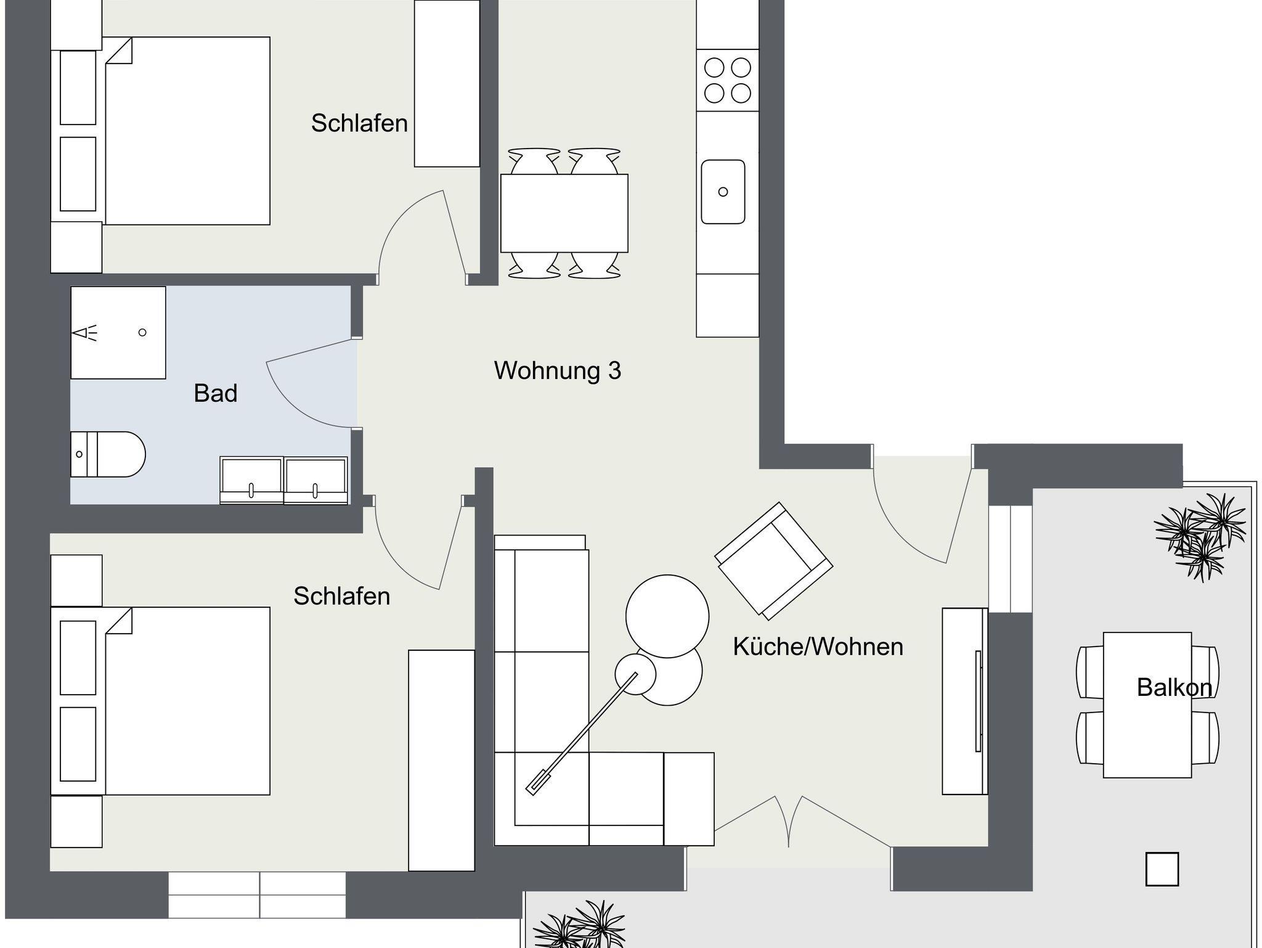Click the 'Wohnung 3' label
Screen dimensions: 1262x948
click(558, 370)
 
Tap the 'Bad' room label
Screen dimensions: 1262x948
click(216, 393)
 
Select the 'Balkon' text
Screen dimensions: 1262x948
click(1174, 687)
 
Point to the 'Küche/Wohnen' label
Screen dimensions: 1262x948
click(818, 647)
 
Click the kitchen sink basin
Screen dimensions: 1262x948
click(723, 192)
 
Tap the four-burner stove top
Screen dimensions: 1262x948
click(728, 80)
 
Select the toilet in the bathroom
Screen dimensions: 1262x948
click(108, 454)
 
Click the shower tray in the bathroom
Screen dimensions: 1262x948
click(118, 332)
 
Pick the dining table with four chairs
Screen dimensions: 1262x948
click(564, 213)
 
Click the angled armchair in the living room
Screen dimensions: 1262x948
click(774, 560)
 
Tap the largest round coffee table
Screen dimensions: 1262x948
click(667, 616)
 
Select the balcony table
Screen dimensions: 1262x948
click(1147, 705)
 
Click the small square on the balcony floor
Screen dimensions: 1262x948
click(1162, 869)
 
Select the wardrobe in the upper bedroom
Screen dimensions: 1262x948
click(447, 83)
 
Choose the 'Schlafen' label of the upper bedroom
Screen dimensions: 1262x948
click(359, 123)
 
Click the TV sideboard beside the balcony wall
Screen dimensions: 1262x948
click(965, 701)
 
